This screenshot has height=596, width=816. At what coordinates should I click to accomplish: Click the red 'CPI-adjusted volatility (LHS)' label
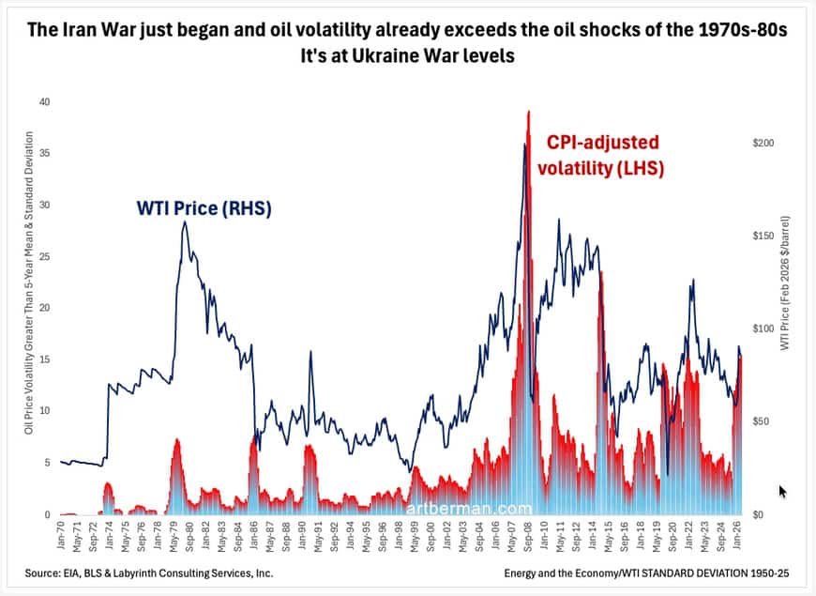(603, 155)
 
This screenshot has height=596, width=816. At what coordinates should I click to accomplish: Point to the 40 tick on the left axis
(42, 102)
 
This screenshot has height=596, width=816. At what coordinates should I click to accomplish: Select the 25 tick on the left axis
(42, 256)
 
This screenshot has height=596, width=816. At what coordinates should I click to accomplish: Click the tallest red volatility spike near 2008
(529, 113)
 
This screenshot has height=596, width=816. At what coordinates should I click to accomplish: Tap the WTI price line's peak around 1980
(185, 222)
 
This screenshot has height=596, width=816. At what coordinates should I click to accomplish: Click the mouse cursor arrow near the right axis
(783, 491)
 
